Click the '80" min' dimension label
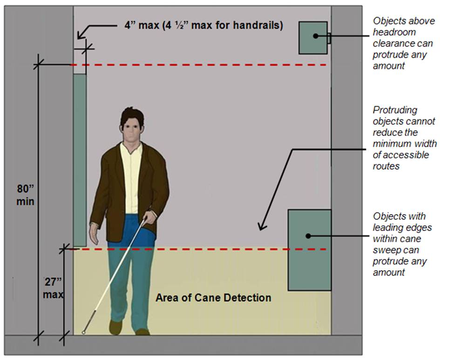click(25, 195)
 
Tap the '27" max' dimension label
click(53, 288)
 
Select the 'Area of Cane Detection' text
click(213, 298)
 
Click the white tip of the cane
click(83, 333)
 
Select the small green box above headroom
click(313, 38)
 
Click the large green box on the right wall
click(309, 250)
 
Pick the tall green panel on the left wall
click(80, 160)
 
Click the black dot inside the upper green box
click(316, 36)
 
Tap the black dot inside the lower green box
click(308, 236)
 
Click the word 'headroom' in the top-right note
click(394, 32)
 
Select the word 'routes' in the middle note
click(386, 166)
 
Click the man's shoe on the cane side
click(115, 327)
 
